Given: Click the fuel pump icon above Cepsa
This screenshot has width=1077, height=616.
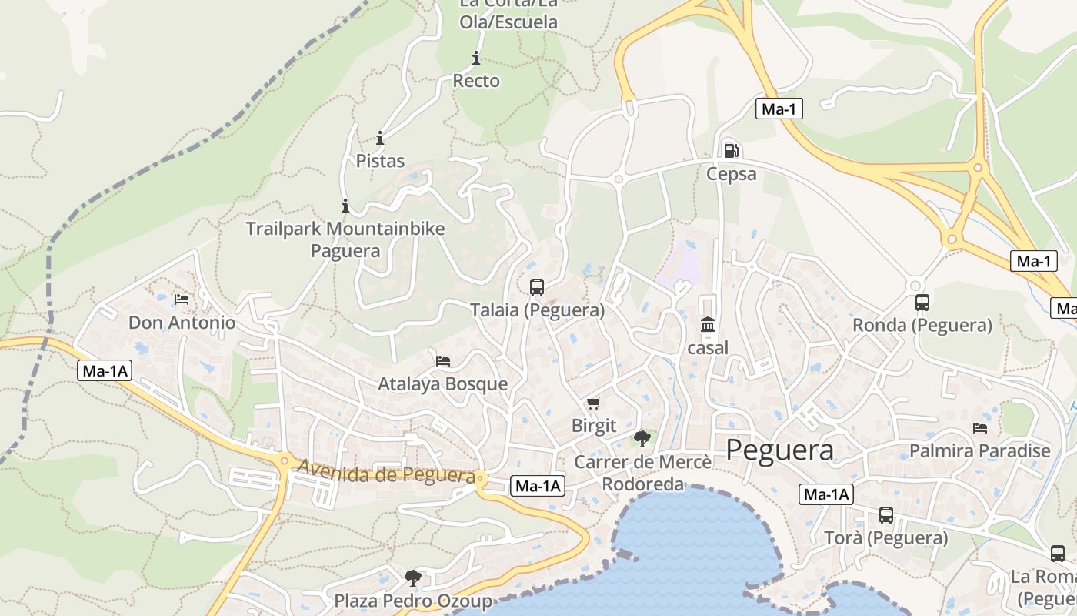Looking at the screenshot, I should (x=731, y=151).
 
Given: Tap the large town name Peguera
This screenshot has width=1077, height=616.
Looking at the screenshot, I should (x=779, y=450).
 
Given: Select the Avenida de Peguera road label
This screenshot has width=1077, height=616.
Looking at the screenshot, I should (x=385, y=472).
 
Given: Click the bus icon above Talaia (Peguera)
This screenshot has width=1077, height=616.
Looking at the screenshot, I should (x=537, y=287).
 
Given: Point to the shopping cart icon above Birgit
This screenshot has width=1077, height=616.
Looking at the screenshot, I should (x=593, y=403).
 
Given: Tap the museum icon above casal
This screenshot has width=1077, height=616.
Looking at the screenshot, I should (x=708, y=325).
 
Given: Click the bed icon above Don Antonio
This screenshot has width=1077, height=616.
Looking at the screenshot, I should (x=182, y=299).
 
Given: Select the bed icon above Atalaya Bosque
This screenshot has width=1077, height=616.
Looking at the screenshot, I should (x=443, y=360).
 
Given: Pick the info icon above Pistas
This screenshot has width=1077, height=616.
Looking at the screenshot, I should (x=380, y=138).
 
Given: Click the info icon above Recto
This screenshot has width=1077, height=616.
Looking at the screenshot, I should (x=476, y=58).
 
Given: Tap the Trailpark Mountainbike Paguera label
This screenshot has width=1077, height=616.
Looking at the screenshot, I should (x=345, y=239).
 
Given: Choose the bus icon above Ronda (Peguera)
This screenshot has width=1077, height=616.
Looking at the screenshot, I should (x=922, y=303).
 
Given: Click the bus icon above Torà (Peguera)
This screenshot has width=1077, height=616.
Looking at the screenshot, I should (x=886, y=515).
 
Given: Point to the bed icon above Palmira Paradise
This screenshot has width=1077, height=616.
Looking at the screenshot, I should (x=980, y=427).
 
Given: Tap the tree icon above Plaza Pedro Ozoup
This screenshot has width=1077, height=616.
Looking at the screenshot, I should (x=413, y=577).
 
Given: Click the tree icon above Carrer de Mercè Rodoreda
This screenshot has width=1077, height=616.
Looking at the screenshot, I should (x=642, y=439).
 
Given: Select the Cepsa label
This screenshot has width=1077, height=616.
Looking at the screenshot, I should (x=732, y=174).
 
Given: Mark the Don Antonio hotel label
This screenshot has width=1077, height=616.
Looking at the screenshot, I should (x=182, y=323).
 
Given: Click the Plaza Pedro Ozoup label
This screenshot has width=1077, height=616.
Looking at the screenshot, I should (x=413, y=601).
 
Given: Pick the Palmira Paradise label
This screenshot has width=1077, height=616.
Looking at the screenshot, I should (x=980, y=450).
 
